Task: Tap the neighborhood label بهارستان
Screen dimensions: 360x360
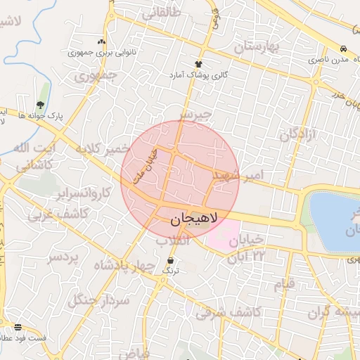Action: [x=257, y=47]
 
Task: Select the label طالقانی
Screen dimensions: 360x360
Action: [x=161, y=13]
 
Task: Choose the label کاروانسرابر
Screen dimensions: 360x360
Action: [x=83, y=193]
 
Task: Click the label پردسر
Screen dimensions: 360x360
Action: [x=63, y=259]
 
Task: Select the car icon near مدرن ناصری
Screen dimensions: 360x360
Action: [x=342, y=50]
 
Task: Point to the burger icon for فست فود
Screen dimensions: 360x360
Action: [x=18, y=327]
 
